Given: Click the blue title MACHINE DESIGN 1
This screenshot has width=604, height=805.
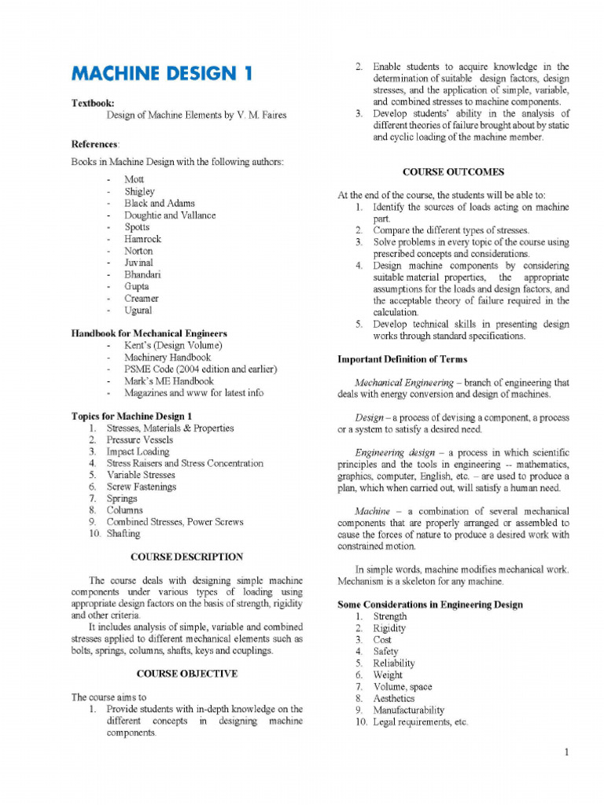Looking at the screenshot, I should click(x=163, y=74).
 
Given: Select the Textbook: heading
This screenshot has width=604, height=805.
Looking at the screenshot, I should click(x=93, y=103).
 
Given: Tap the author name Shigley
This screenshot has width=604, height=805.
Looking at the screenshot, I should click(x=139, y=191).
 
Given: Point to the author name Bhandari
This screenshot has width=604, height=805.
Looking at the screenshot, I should click(x=142, y=274).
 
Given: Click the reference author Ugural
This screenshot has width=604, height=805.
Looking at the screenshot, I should click(x=138, y=311).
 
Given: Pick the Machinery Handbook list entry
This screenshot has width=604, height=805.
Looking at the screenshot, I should click(x=167, y=358).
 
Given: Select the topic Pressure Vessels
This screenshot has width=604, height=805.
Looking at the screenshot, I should click(x=139, y=440).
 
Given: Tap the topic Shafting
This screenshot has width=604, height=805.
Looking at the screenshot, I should click(x=123, y=533).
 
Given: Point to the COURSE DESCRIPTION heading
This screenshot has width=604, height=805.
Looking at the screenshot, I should click(x=186, y=557).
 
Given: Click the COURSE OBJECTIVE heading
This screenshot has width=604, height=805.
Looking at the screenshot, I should click(x=186, y=674).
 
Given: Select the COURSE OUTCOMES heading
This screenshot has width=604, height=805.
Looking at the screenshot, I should click(x=453, y=171).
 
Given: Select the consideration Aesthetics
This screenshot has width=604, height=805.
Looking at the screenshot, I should click(x=393, y=698).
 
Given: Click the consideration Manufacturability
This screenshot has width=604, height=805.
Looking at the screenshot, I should click(x=408, y=710).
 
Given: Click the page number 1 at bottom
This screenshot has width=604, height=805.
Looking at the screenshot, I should click(x=565, y=752).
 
